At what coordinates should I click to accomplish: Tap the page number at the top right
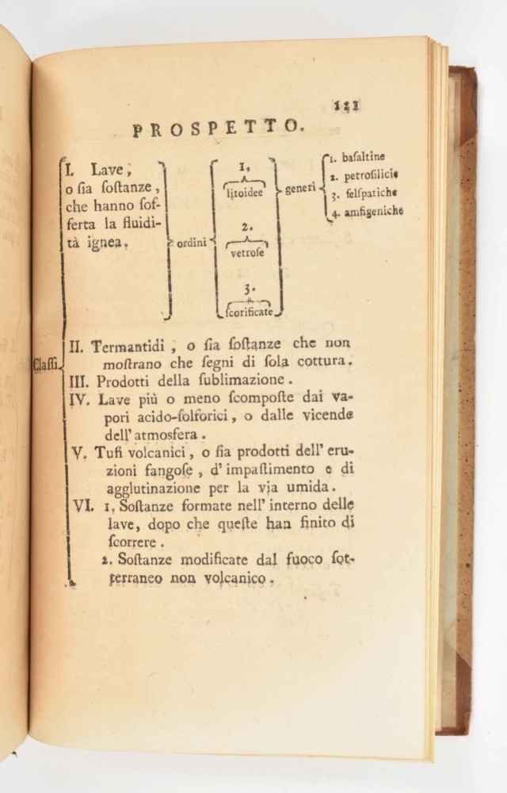346,104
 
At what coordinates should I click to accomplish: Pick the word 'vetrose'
247,255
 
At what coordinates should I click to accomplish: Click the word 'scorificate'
250,312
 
